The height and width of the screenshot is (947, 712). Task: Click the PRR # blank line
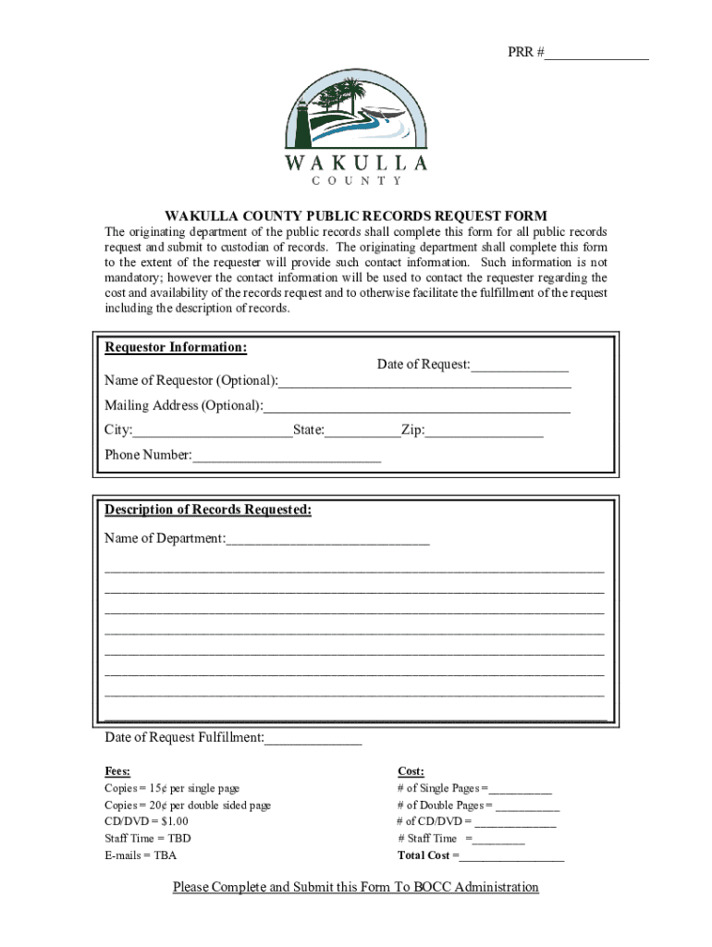coord(596,54)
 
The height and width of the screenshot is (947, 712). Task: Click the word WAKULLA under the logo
coord(356,164)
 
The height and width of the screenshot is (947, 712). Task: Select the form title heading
coord(356,215)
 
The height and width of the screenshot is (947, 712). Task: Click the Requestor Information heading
coord(176,348)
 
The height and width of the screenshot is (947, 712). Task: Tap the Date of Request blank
coord(520,365)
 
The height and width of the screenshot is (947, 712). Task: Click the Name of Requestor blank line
coord(424,382)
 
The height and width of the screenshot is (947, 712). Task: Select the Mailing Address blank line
coord(417,407)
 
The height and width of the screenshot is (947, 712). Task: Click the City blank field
coord(213,431)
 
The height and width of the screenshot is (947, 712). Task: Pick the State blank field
coord(362,431)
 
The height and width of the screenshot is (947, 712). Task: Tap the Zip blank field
coord(484,431)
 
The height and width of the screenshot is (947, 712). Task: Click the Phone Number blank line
coord(287,456)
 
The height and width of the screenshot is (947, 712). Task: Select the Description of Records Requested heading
coord(208,510)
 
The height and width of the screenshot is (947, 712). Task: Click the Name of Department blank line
coord(327,539)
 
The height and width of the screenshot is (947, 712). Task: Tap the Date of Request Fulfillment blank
coord(313,739)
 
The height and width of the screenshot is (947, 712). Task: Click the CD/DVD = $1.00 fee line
coord(146,821)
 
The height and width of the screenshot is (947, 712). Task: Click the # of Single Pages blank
coord(521,789)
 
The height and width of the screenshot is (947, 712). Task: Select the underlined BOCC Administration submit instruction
coord(356,888)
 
